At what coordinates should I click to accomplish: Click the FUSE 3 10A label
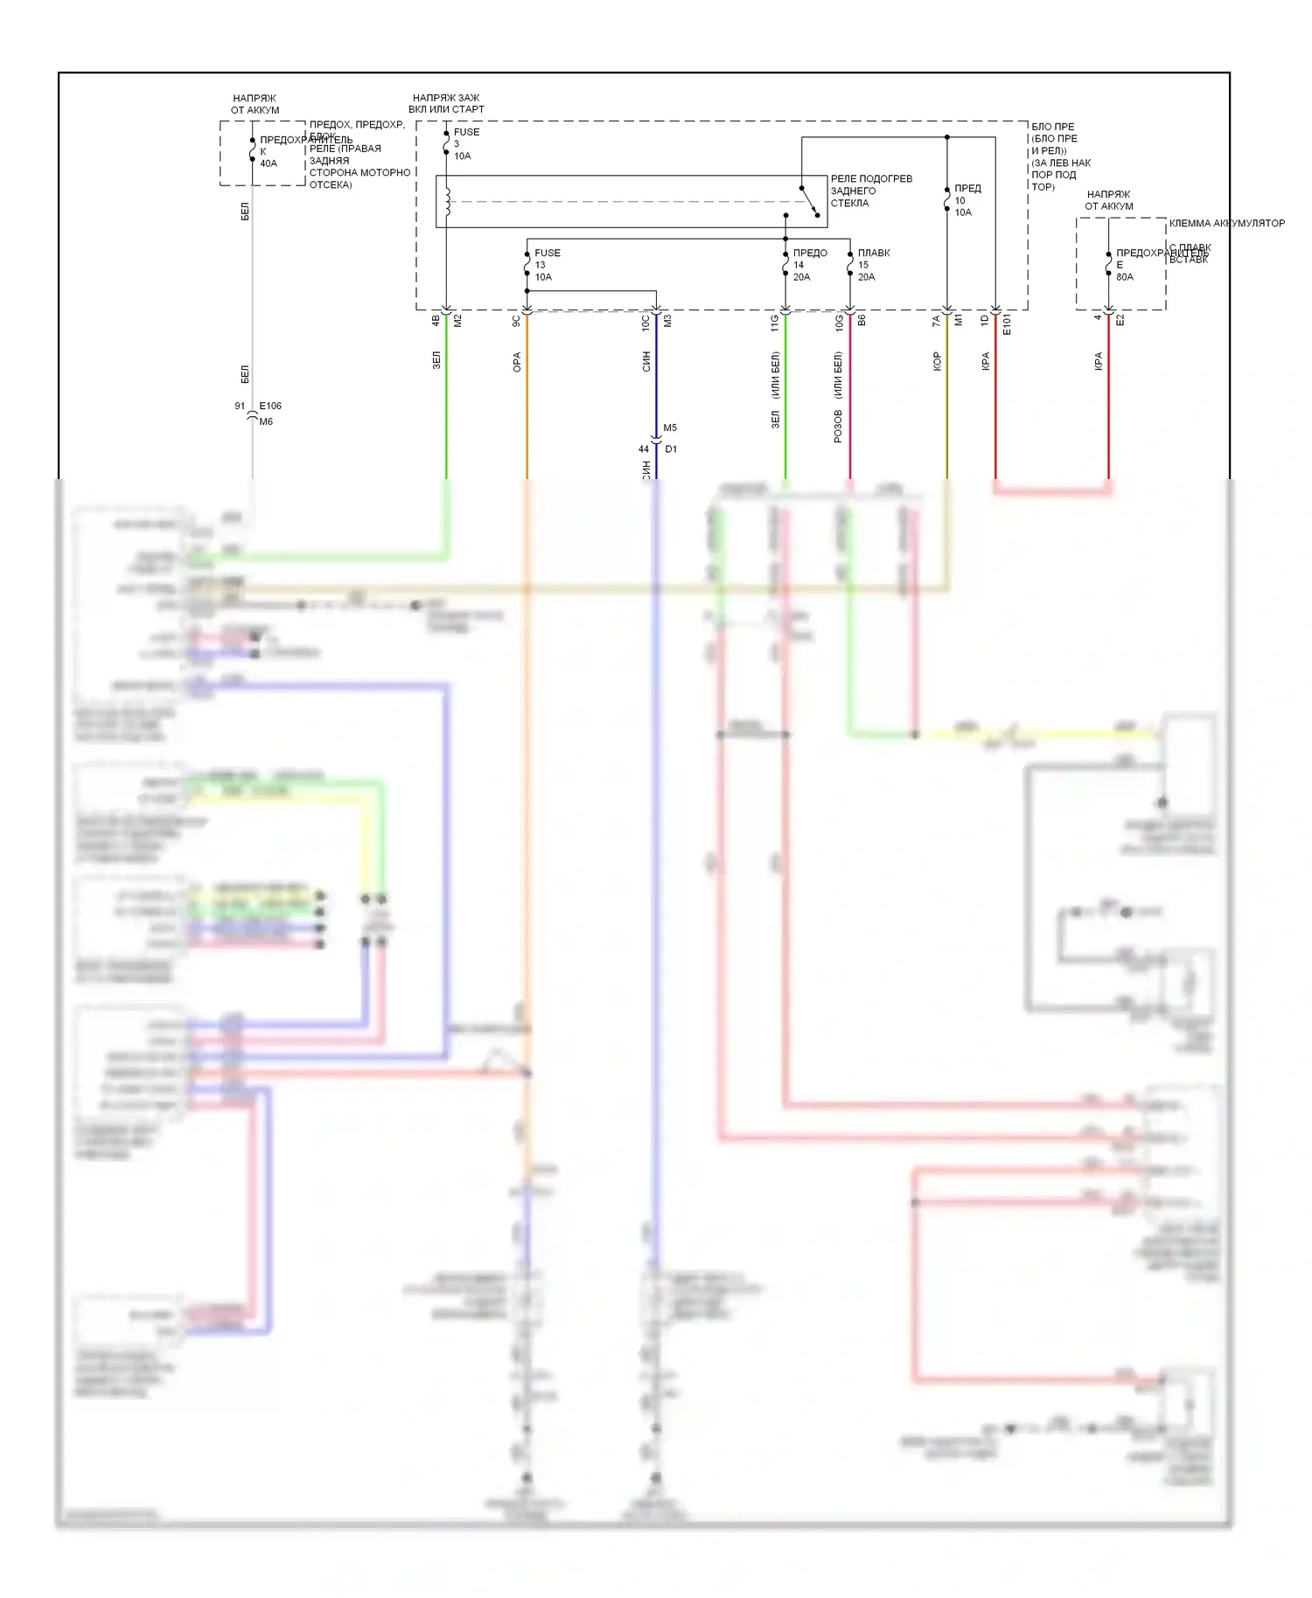pyautogui.click(x=465, y=144)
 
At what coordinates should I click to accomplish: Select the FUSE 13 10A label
pyautogui.click(x=547, y=265)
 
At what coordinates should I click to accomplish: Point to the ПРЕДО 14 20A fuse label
pyautogui.click(x=809, y=265)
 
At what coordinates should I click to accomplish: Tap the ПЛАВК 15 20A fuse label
pyautogui.click(x=873, y=265)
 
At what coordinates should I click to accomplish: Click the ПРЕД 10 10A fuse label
pyautogui.click(x=967, y=200)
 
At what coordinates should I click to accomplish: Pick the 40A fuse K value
pyautogui.click(x=269, y=163)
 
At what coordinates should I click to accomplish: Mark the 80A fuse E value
pyautogui.click(x=1125, y=277)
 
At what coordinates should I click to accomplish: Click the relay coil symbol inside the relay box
pyautogui.click(x=447, y=201)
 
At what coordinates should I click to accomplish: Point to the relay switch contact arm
pyautogui.click(x=809, y=201)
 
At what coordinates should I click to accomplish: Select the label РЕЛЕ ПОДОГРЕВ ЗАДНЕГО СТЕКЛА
pyautogui.click(x=870, y=191)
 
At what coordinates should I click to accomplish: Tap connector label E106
pyautogui.click(x=270, y=406)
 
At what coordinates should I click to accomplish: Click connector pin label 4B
pyautogui.click(x=436, y=322)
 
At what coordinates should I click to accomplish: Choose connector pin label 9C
pyautogui.click(x=516, y=322)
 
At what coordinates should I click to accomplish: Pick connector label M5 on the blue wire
pyautogui.click(x=670, y=427)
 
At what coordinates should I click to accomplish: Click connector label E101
pyautogui.click(x=1006, y=324)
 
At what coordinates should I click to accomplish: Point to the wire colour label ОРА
pyautogui.click(x=517, y=362)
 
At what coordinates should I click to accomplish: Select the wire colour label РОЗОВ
pyautogui.click(x=838, y=426)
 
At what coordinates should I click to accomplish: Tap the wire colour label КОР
pyautogui.click(x=937, y=361)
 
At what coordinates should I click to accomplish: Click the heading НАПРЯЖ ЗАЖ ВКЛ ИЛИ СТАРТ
pyautogui.click(x=446, y=103)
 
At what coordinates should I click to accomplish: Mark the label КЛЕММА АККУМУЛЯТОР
pyautogui.click(x=1226, y=223)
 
